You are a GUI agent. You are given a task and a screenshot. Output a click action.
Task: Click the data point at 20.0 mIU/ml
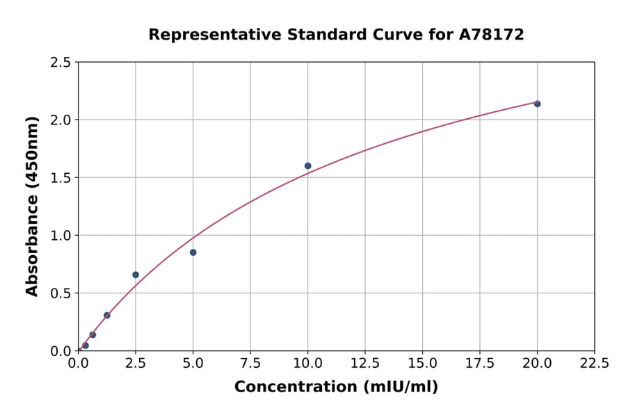[x=537, y=104]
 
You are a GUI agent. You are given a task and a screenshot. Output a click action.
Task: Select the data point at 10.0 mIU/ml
[x=308, y=165]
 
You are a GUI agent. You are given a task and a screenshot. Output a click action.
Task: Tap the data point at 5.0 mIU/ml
[x=193, y=252]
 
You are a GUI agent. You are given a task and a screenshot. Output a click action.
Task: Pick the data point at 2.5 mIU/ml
[x=136, y=275]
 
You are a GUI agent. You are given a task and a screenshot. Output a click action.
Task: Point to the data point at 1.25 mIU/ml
[x=107, y=315]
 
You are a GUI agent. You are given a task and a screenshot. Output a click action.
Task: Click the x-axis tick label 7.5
[x=250, y=363]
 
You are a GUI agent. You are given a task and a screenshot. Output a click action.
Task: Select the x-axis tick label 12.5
[x=365, y=363]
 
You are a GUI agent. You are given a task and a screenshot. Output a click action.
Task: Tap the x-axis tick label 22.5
[x=594, y=363]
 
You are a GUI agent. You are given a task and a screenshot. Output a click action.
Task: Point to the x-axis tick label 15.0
[x=422, y=363]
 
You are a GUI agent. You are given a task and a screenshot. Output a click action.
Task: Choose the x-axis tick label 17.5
[x=480, y=363]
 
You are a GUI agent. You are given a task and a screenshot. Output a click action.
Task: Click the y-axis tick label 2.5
[x=61, y=63]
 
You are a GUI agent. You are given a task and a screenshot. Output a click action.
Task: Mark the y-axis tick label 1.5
[x=61, y=178]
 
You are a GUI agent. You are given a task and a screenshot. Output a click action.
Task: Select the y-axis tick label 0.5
[x=61, y=293]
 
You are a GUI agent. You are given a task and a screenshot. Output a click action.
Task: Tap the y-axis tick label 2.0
[x=61, y=120]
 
